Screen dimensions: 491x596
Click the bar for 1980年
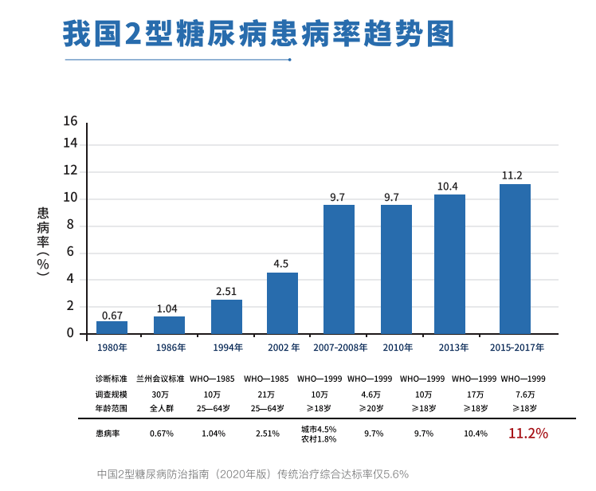click(112, 327)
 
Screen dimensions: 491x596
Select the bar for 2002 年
click(282, 303)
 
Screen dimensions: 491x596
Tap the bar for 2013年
click(449, 264)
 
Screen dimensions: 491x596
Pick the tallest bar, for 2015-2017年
click(515, 258)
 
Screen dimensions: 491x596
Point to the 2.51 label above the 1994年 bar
click(226, 291)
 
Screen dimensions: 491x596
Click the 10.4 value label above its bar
click(448, 187)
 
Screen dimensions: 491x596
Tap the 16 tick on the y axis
click(70, 121)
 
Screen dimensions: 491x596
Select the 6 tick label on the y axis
click(70, 252)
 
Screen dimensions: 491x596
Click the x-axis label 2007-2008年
click(340, 348)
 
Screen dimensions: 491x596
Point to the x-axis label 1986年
click(170, 348)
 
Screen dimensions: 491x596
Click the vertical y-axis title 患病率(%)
click(43, 241)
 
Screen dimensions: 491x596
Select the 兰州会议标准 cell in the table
click(160, 379)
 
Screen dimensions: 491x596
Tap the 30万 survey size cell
click(160, 395)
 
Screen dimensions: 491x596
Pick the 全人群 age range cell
click(162, 408)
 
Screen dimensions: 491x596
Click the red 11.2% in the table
click(527, 434)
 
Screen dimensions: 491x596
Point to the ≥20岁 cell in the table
click(370, 408)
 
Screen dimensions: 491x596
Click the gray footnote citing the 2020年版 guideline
click(253, 473)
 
